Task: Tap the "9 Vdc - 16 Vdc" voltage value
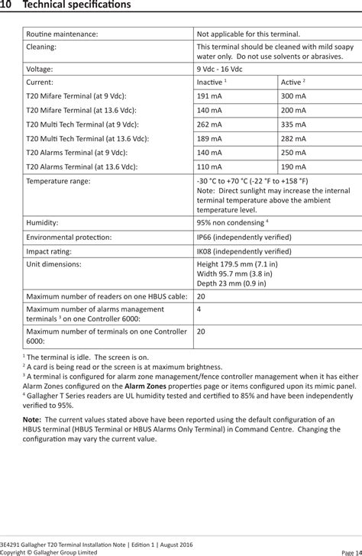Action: [x=222, y=67]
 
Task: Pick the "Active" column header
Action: [x=293, y=81]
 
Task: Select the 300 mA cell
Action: [x=293, y=95]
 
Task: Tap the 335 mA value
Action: [x=293, y=124]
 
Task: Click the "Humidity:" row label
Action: [x=43, y=222]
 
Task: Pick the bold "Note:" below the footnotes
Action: [x=32, y=419]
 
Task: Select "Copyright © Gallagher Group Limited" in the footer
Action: [x=49, y=551]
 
